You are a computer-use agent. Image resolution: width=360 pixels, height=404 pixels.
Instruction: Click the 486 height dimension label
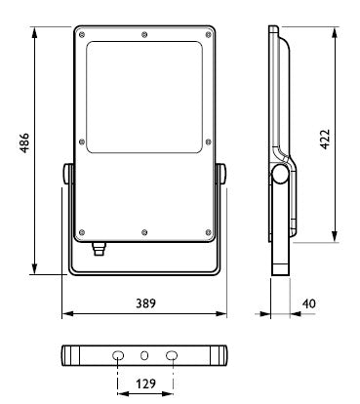click(x=24, y=142)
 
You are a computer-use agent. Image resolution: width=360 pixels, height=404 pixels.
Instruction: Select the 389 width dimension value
click(x=145, y=303)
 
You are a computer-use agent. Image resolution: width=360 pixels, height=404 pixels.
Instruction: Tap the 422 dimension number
click(x=325, y=140)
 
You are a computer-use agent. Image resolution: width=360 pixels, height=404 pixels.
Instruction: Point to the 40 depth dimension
click(x=308, y=303)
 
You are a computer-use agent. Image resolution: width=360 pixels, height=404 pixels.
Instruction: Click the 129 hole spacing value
click(x=145, y=384)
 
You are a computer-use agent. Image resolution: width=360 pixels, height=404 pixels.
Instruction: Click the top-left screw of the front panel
click(x=82, y=35)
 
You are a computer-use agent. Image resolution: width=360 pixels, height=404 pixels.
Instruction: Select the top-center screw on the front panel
click(x=144, y=34)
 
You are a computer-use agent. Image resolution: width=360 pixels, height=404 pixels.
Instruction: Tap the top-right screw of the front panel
click(x=208, y=35)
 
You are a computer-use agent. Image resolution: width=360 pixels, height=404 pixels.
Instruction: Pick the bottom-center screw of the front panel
click(x=144, y=232)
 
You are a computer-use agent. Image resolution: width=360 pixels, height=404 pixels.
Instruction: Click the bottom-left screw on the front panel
click(x=82, y=232)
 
